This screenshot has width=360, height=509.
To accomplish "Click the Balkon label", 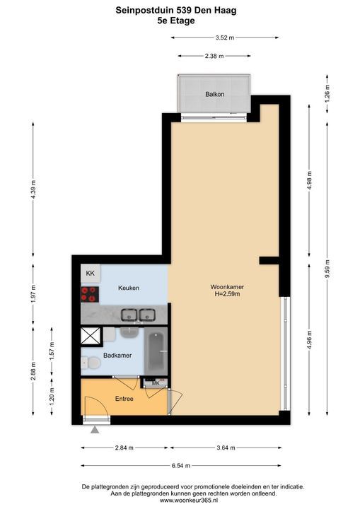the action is tap(215, 95).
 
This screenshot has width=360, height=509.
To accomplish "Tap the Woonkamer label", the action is tap(227, 287).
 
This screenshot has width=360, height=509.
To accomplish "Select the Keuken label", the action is tap(129, 288).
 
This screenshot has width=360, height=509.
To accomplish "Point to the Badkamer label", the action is tap(117, 356).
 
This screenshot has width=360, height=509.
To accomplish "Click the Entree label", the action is tap(124, 399).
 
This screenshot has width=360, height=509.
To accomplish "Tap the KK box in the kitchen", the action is tap(91, 274).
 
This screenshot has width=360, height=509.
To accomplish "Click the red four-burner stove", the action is tap(90, 294).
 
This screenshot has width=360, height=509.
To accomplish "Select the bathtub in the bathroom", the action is tap(156, 351).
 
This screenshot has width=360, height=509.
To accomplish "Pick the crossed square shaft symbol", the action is tap(91, 336).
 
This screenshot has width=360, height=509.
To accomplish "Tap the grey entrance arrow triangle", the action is tap(95, 430).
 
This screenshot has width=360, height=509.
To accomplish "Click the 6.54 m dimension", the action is tap(181, 465).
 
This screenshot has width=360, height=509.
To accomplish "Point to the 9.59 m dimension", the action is tap(327, 269).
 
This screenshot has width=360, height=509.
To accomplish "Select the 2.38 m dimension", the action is tap(214, 56).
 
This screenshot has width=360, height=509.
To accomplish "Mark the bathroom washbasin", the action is tap(130, 332).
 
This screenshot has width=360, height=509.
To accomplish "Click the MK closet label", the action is tap(156, 383).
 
